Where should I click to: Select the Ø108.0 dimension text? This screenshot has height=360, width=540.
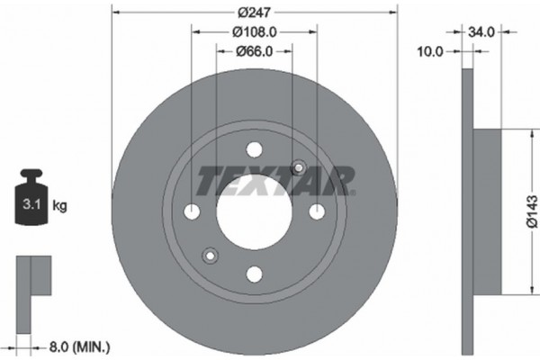click(254, 32)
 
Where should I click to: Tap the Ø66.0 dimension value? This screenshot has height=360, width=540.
click(254, 50)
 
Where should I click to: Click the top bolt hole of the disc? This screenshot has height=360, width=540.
click(254, 150)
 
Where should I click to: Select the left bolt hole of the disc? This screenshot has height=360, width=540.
click(193, 211)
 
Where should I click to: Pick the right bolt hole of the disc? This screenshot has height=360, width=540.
click(316, 211)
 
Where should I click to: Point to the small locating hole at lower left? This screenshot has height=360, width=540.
click(210, 255)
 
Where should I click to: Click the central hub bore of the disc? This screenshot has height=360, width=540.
click(254, 212)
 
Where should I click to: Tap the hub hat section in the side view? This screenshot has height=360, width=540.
click(486, 211)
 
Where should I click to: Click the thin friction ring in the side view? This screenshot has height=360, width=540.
click(466, 211)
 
